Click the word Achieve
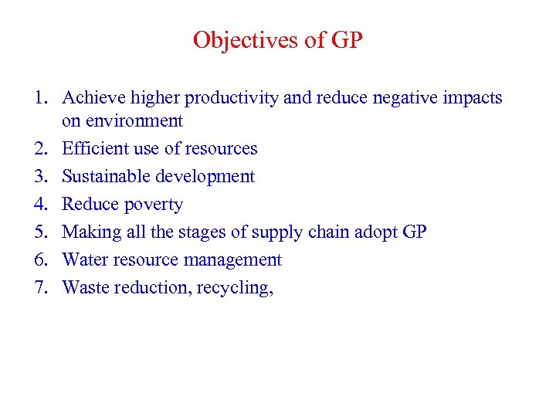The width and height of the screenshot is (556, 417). [x=91, y=98]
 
